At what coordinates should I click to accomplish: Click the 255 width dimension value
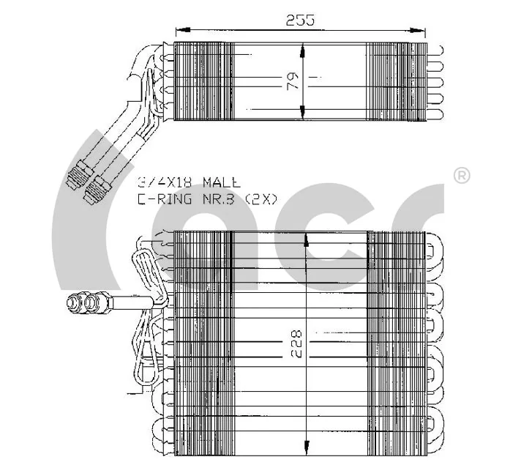click(301, 20)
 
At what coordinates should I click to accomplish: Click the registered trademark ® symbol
click(462, 176)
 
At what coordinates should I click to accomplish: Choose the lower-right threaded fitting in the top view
click(94, 192)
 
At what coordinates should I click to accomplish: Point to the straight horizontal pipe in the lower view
click(132, 301)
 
